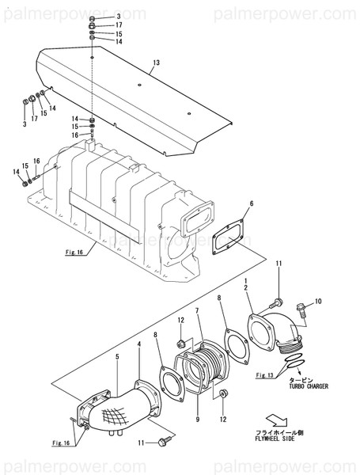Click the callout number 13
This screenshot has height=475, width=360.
point(156,63)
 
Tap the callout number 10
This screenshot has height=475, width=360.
point(318,302)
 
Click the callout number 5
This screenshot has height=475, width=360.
point(116,357)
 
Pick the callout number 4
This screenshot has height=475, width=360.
point(138,344)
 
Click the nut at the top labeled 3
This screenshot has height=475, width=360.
point(93,17)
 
